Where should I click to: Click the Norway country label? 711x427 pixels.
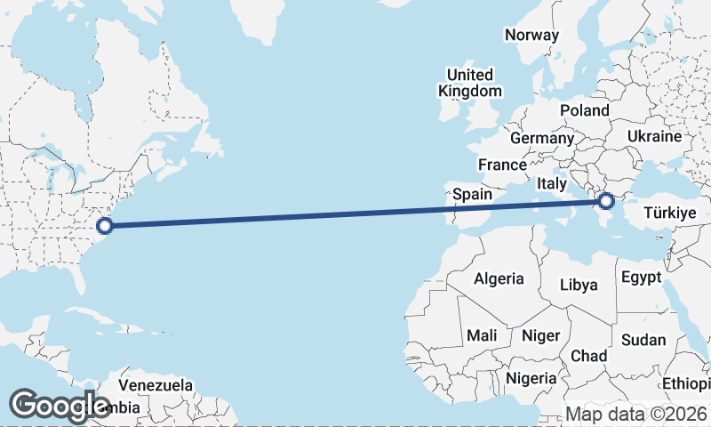[531, 36]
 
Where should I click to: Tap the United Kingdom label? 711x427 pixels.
[469, 83]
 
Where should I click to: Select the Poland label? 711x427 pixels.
[584, 110]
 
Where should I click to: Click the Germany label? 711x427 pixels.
[542, 139]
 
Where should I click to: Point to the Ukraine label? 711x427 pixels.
[654, 136]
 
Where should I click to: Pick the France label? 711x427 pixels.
[502, 165]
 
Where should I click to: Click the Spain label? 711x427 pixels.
[472, 194]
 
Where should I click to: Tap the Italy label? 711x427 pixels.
[551, 183]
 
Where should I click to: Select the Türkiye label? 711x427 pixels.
[668, 213]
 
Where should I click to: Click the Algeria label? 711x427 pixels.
[499, 278]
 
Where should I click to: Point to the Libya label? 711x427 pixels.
[579, 286]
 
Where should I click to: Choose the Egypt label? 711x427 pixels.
[641, 278]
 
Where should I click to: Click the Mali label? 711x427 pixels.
[482, 335]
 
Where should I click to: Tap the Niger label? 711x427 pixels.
[540, 335]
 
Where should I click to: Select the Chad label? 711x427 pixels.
[588, 356]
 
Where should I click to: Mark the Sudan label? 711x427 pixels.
[643, 340]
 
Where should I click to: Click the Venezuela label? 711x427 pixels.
[156, 386]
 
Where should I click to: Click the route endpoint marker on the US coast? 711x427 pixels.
[104, 226]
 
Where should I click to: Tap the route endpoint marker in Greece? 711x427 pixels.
[607, 202]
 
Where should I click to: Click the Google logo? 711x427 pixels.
[60, 406]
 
